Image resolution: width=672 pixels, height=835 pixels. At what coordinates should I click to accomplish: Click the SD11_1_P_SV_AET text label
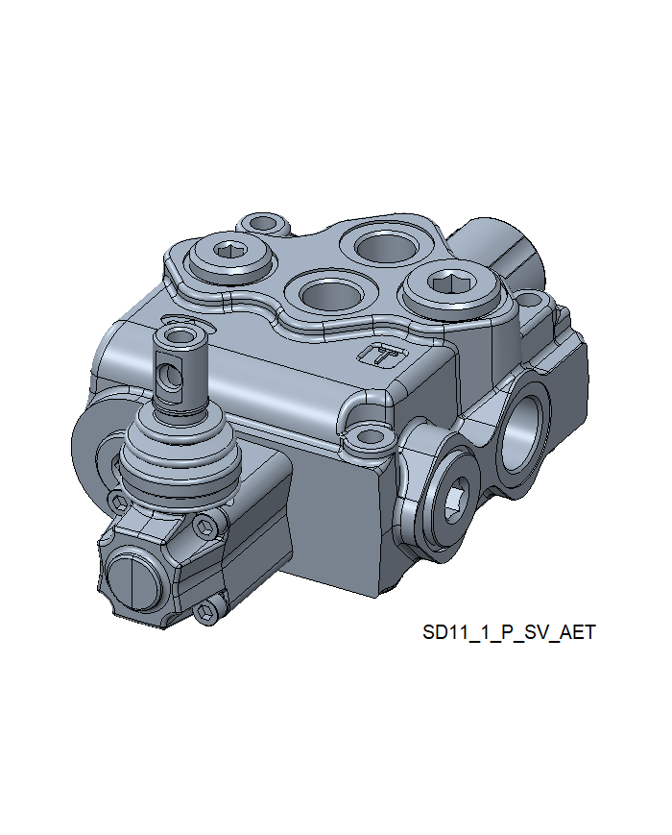(x=509, y=632)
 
